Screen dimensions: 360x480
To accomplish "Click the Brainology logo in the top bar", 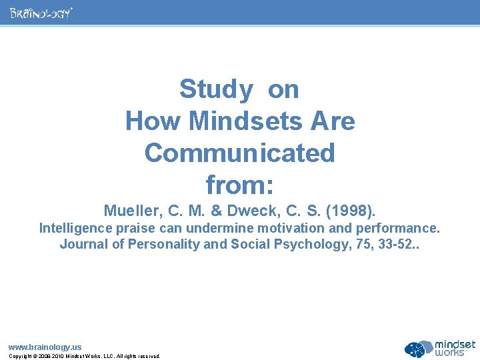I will (41, 13).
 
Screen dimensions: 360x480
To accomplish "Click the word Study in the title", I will (216, 89).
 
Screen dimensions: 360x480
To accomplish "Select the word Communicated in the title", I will (239, 153).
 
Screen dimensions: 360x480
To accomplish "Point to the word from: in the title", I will (239, 183).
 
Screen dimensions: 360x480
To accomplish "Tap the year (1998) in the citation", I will (351, 211).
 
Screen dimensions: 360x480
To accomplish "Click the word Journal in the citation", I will (82, 244).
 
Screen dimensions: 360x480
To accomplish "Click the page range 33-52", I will (394, 244).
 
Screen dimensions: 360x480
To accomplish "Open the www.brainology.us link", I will (45, 347).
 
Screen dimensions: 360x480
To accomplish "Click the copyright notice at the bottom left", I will (84, 356).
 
